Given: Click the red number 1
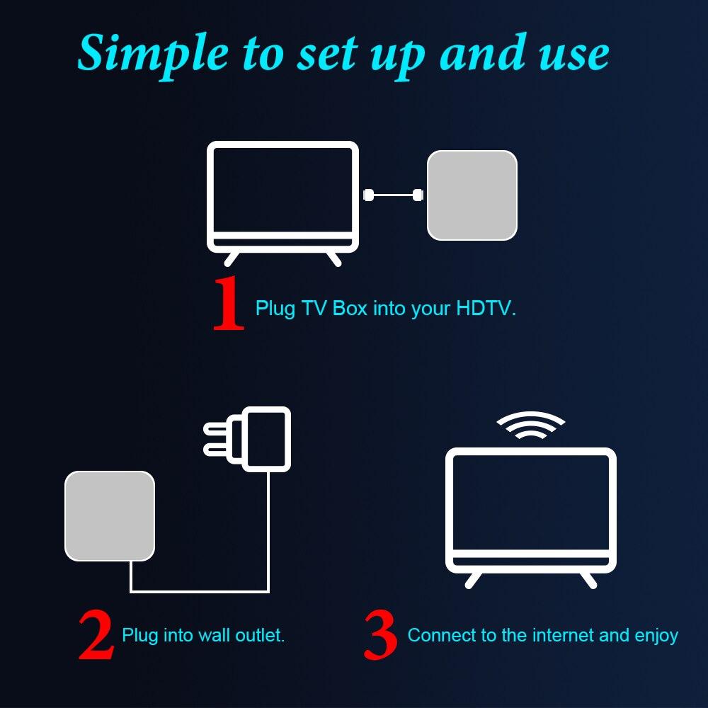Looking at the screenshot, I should pyautogui.click(x=228, y=304).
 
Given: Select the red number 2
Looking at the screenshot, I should pyautogui.click(x=96, y=635).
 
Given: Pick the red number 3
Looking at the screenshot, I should pyautogui.click(x=380, y=635).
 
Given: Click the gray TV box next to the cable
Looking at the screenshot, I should pyautogui.click(x=472, y=195).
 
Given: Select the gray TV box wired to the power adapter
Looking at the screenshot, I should pyautogui.click(x=110, y=515).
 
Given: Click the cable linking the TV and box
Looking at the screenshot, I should pyautogui.click(x=393, y=195).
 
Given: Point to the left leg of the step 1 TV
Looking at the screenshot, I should pyautogui.click(x=232, y=258).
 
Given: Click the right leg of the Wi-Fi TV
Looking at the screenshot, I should pyautogui.click(x=588, y=579).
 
